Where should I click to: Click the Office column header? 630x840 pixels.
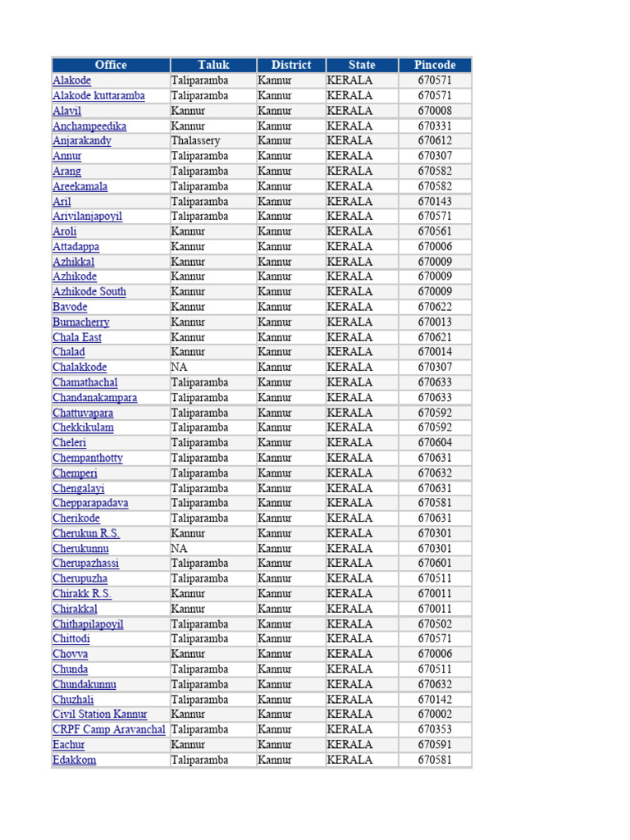pos(111,65)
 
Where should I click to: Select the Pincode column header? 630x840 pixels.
pos(435,65)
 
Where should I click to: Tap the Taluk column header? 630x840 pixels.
pos(213,65)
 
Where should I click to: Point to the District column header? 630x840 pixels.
pos(291,65)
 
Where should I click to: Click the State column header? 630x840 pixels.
pos(362,65)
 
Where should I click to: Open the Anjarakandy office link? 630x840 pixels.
pos(82,141)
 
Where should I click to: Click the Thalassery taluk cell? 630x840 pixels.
pos(195,141)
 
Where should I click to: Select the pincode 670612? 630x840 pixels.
pos(435,141)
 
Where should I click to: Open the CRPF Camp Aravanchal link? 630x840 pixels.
pos(109,729)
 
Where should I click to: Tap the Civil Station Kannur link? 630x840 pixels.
pos(100,714)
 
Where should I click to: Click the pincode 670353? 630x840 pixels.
pos(435,729)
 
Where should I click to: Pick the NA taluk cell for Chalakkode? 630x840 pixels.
pos(180,367)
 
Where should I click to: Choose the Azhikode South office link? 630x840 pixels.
pos(89,292)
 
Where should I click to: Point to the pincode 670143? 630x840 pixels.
pos(435,202)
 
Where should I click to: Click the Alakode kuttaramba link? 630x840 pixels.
pos(98,96)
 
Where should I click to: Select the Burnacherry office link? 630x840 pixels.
pos(81,322)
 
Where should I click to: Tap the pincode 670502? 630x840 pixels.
pos(435,624)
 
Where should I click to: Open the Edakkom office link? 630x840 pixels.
pos(74,760)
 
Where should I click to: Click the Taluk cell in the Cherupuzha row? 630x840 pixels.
pos(199,578)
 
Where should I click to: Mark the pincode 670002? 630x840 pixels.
pos(435,714)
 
